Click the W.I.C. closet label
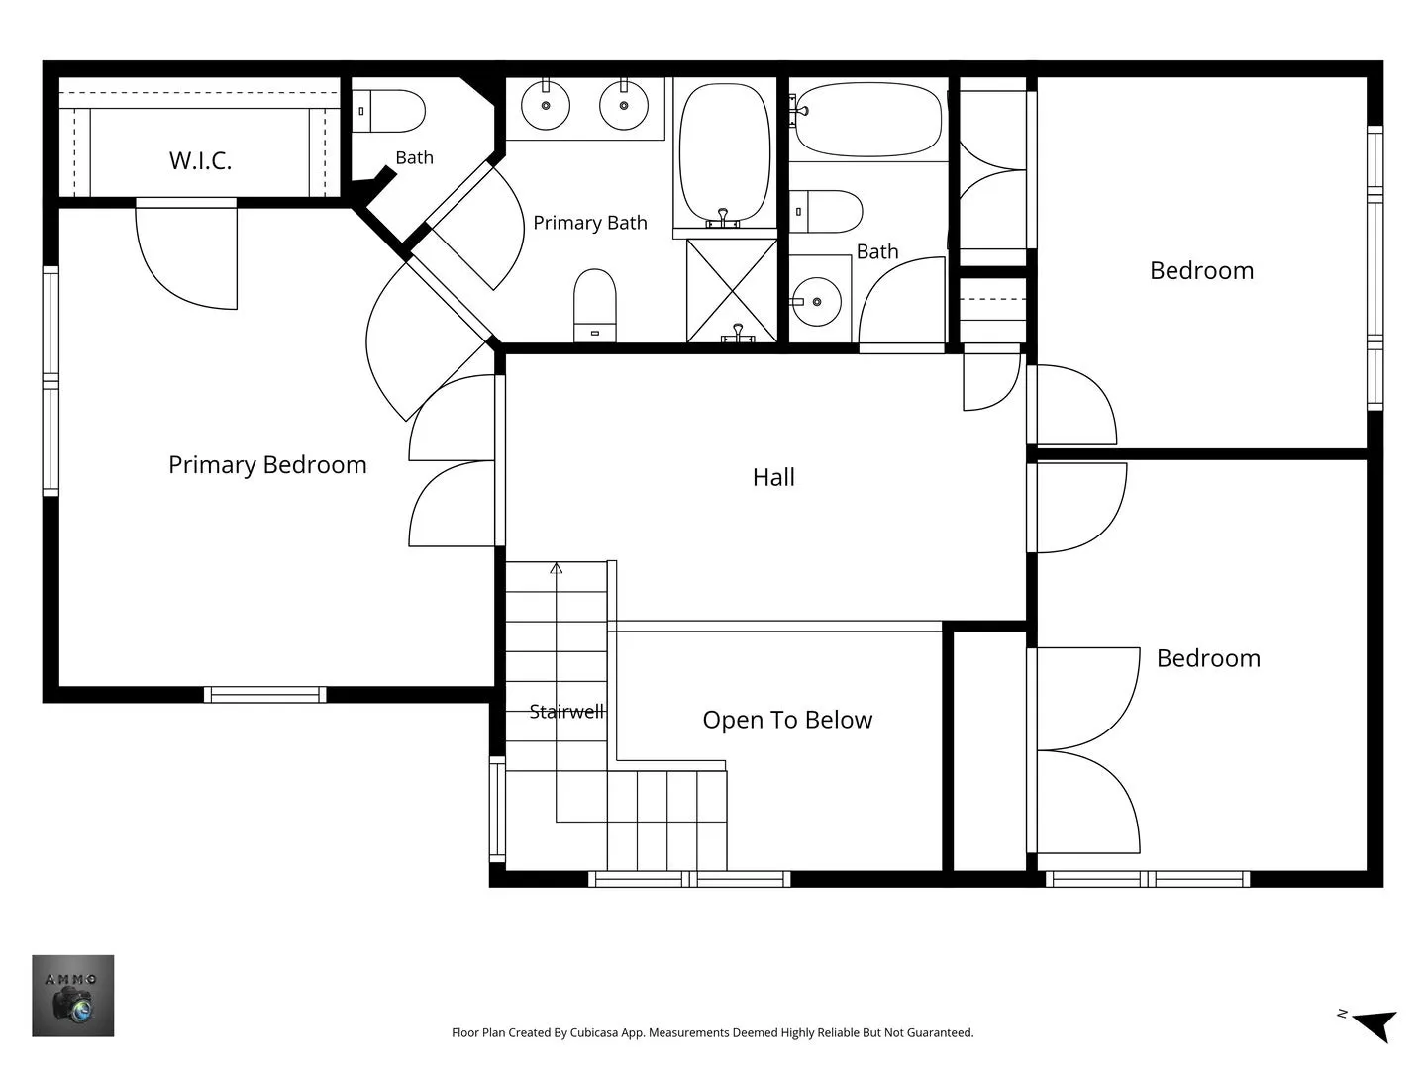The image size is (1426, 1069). [200, 160]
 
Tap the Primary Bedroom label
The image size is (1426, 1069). [267, 465]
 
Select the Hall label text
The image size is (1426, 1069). [773, 477]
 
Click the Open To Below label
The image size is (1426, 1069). [787, 720]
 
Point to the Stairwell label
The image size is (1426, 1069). [566, 712]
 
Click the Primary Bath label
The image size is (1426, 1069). [590, 223]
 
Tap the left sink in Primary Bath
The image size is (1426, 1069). [546, 105]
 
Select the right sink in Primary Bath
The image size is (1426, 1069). [624, 105]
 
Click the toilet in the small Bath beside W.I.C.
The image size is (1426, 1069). [388, 111]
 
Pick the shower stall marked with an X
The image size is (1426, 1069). [732, 290]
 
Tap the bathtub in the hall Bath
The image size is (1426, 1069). [868, 120]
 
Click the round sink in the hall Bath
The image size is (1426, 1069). [817, 301]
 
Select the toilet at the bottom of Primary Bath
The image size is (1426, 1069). [594, 305]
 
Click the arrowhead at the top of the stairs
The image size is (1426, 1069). [557, 568]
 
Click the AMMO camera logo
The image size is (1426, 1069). [72, 996]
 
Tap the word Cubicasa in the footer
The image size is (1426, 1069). [594, 1032]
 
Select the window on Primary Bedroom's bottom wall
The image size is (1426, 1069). [265, 695]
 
